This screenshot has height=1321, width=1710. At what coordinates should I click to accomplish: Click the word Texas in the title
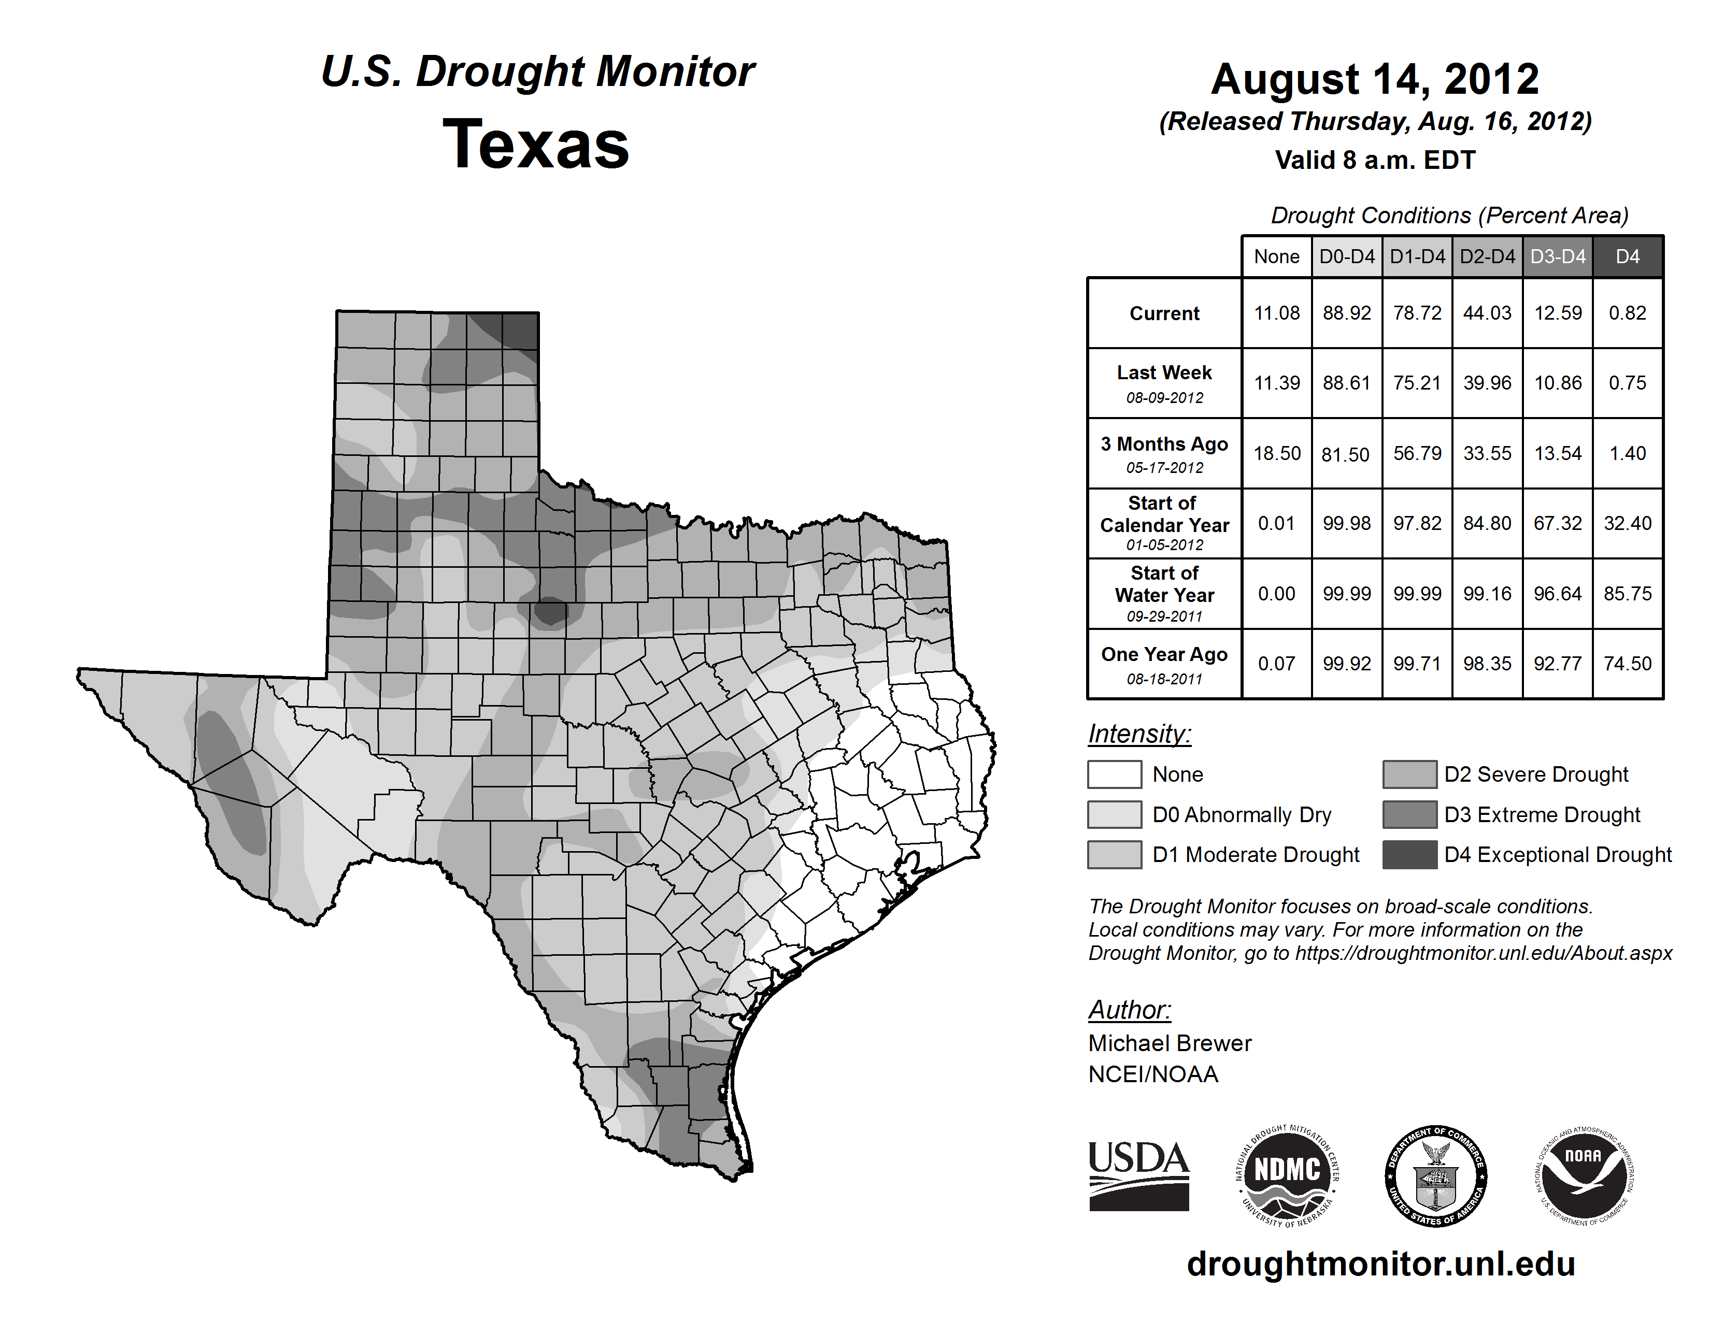tap(536, 145)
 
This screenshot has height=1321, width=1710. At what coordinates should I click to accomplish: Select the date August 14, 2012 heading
tap(1374, 79)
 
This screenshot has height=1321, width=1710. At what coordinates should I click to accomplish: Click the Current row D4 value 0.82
tap(1627, 313)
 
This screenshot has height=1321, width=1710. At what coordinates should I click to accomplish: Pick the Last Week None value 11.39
tap(1276, 383)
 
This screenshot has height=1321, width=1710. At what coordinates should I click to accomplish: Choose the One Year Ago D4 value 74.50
tap(1627, 664)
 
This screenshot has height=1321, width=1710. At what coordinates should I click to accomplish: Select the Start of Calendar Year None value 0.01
tap(1276, 524)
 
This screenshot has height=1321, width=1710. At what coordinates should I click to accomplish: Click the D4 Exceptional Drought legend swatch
tap(1409, 855)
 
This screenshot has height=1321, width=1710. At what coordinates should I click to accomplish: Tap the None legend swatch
tap(1114, 774)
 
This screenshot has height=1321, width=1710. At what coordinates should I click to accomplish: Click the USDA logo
tap(1138, 1175)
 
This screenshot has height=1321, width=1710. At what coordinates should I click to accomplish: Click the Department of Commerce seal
tap(1435, 1175)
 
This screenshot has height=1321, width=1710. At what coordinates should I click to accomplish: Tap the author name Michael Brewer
tap(1170, 1043)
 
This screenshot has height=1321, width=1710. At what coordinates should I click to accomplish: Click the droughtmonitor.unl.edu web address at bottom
tap(1380, 1264)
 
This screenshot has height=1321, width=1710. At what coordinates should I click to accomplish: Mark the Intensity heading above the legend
tap(1139, 734)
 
